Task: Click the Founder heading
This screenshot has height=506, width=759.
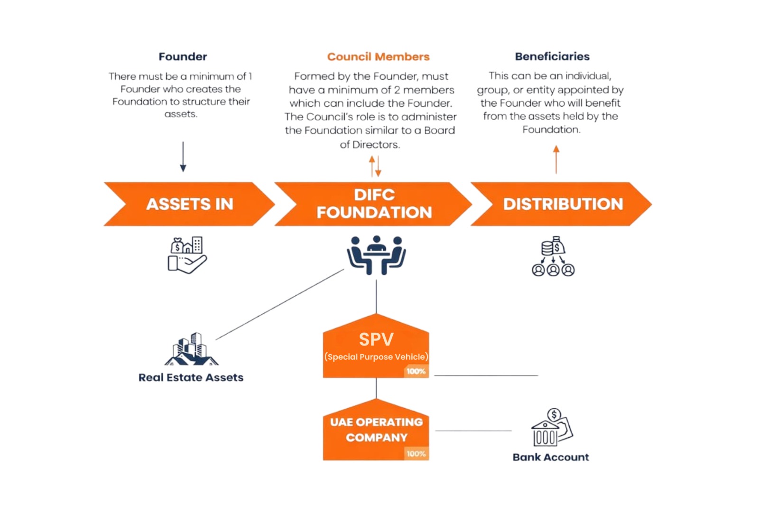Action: [x=183, y=56]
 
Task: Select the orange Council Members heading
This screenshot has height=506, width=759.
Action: [x=378, y=56]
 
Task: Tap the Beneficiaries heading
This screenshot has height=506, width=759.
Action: [x=552, y=56]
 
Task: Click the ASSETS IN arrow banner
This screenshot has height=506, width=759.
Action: [x=189, y=204]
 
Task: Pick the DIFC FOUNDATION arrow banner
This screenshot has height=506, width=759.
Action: [x=374, y=204]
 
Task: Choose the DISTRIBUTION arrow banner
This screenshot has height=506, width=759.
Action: [x=563, y=204]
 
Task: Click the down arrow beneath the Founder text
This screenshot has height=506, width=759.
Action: [x=183, y=156]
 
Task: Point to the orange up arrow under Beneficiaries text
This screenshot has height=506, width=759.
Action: [x=556, y=159]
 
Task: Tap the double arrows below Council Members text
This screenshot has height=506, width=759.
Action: [x=375, y=166]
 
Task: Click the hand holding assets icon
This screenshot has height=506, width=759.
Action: [x=187, y=255]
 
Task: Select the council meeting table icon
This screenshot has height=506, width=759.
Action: [x=376, y=254]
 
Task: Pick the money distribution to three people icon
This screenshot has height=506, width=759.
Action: [x=553, y=256]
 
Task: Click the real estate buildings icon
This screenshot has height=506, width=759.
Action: [x=192, y=349]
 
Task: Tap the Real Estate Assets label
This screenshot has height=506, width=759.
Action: [x=191, y=377]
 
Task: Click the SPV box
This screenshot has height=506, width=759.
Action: [x=376, y=347]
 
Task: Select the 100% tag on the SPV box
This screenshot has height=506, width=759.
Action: [x=416, y=371]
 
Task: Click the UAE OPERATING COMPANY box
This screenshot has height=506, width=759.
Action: [x=376, y=430]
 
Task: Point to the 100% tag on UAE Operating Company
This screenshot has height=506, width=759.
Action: [x=416, y=454]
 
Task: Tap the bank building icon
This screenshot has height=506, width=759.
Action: [x=552, y=428]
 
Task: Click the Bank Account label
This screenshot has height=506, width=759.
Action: [x=550, y=457]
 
